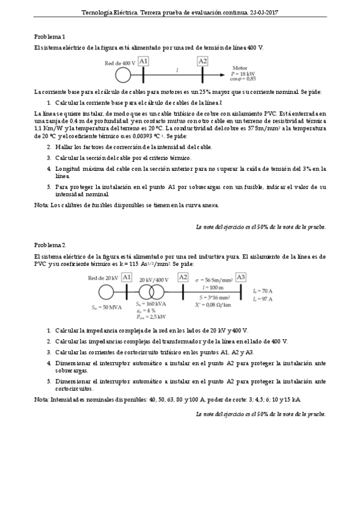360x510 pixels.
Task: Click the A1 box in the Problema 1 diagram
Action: click(143, 61)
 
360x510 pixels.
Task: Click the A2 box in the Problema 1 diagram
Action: click(203, 61)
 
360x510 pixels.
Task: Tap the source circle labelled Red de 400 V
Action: click(123, 74)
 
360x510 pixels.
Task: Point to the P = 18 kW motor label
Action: click(243, 73)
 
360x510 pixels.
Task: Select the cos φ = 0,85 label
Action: click(243, 78)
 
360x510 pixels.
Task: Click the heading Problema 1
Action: click(49, 36)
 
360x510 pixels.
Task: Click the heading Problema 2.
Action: click(50, 245)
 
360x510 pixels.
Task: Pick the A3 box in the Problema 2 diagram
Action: click(241, 277)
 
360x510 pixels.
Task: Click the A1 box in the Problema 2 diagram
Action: click(126, 277)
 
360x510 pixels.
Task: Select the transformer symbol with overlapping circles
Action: click(153, 291)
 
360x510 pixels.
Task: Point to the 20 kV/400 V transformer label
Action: click(154, 280)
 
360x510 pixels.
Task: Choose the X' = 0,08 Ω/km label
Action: click(215, 305)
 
